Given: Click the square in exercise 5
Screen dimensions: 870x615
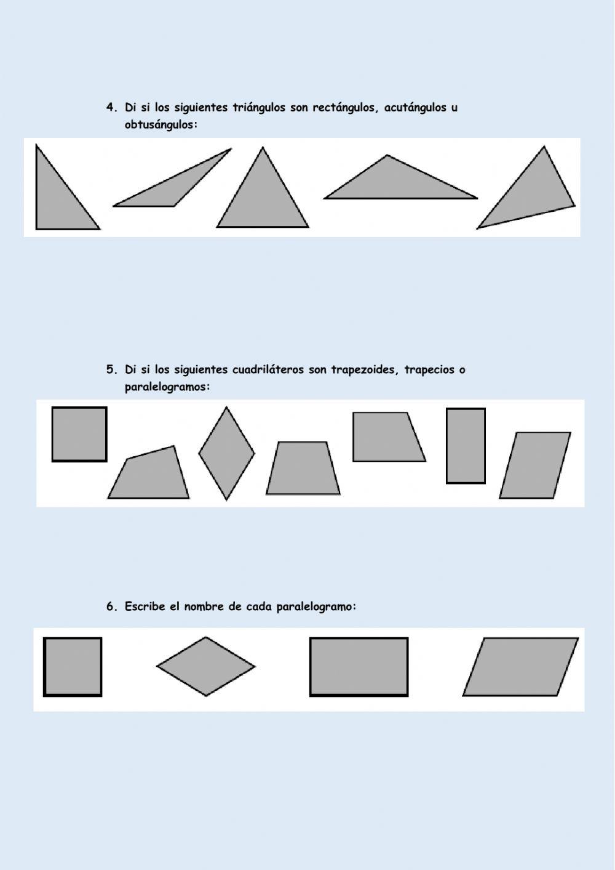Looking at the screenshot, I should (x=79, y=434).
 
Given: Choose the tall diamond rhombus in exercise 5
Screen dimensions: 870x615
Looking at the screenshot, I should (x=226, y=454).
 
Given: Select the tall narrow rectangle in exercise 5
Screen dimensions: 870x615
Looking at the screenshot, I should (x=466, y=446).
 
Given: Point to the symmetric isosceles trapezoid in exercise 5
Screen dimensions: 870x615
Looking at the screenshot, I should (x=303, y=469).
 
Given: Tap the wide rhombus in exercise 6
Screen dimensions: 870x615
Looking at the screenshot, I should (x=205, y=667).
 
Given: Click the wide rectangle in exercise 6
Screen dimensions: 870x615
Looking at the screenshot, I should (x=359, y=667).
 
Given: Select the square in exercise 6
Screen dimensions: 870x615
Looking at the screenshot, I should (x=73, y=667).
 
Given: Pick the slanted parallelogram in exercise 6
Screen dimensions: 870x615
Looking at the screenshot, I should (x=520, y=667).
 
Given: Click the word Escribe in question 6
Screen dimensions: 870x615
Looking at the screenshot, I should (x=145, y=606).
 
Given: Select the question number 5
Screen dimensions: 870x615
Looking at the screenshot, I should (x=111, y=370).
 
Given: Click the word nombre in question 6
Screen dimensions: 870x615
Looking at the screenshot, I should (x=204, y=606).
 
